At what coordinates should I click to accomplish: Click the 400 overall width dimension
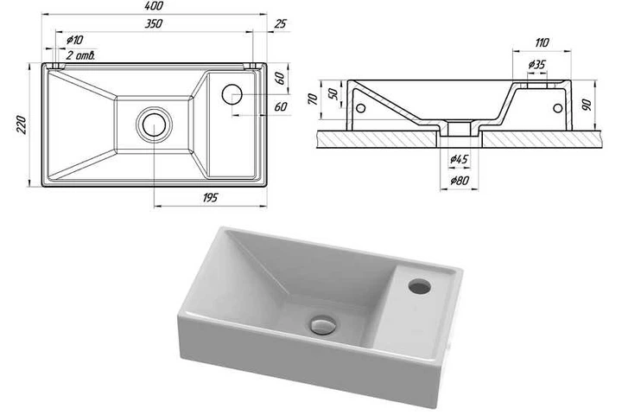pyautogui.click(x=155, y=6)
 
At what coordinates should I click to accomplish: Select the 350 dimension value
pyautogui.click(x=153, y=24)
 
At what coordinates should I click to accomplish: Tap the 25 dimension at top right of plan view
pyautogui.click(x=280, y=24)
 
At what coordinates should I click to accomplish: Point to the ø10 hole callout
pyautogui.click(x=74, y=40)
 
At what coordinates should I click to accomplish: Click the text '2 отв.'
pyautogui.click(x=80, y=55)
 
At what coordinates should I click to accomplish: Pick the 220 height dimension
pyautogui.click(x=21, y=124)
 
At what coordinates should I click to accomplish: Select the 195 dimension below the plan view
pyautogui.click(x=210, y=197)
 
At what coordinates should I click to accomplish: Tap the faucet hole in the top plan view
pyautogui.click(x=232, y=94)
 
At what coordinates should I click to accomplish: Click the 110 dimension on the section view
pyautogui.click(x=542, y=42)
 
